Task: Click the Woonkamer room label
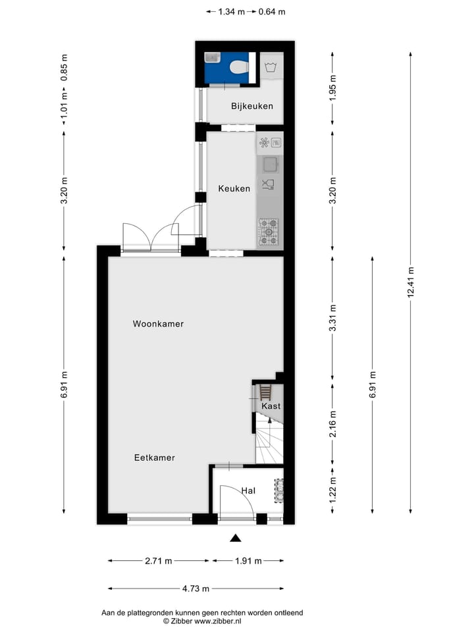coord(158,324)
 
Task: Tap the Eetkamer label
coord(154,458)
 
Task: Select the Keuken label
coord(234,188)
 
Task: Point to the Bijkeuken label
coord(251,106)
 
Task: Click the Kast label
coord(271,406)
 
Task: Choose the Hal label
coord(248,490)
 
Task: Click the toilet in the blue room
coord(238,66)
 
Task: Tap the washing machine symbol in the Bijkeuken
coord(271,66)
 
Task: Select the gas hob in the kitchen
coord(268,232)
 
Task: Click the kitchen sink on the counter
coord(270,163)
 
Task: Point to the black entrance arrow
coord(235,538)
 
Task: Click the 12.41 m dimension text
coord(411,283)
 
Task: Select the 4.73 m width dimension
coord(196,589)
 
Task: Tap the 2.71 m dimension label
coord(159,561)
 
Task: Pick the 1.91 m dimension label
coord(249,561)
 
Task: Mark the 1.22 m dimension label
coord(333,490)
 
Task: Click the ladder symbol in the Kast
coord(265,393)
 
